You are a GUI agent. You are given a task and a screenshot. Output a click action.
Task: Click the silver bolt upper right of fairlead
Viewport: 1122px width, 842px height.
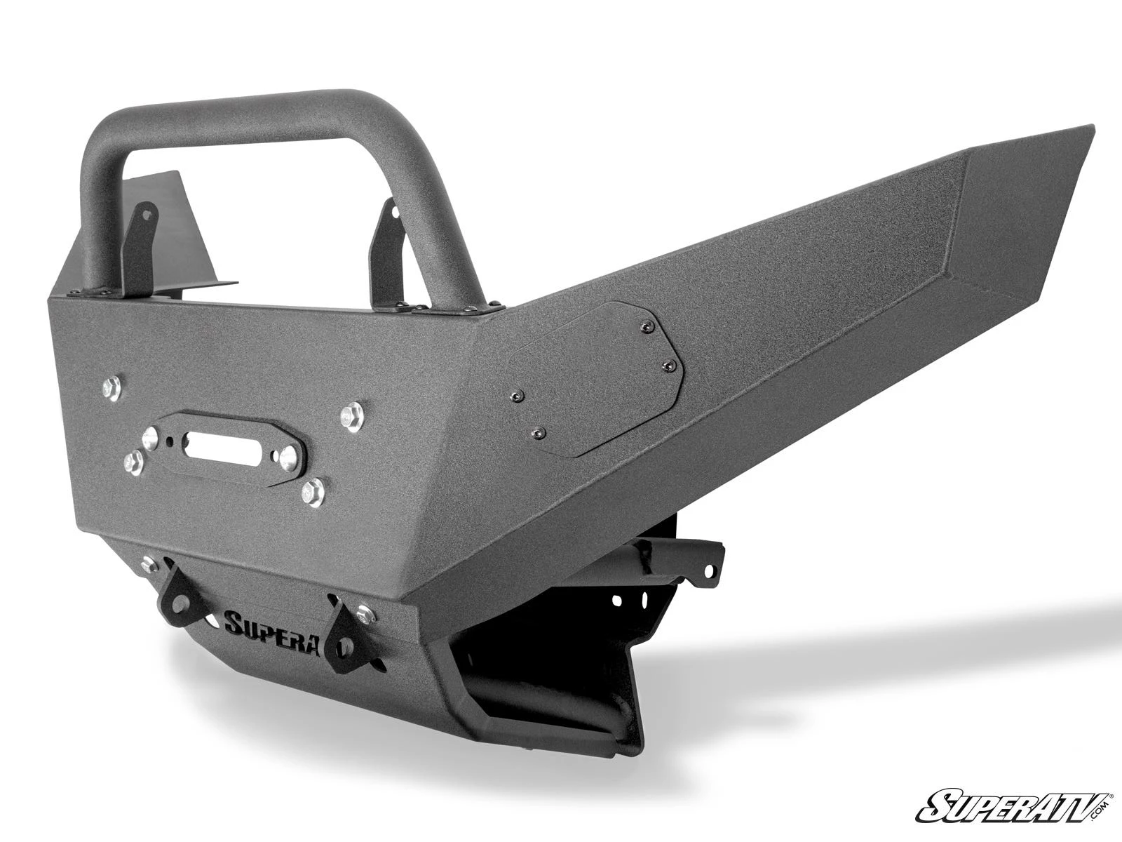pos(352,417)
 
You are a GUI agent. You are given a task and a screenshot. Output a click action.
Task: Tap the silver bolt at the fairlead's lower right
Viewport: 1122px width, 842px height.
pos(313,493)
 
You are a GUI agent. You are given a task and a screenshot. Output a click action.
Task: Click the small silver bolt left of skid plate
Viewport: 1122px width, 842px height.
pos(147,563)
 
